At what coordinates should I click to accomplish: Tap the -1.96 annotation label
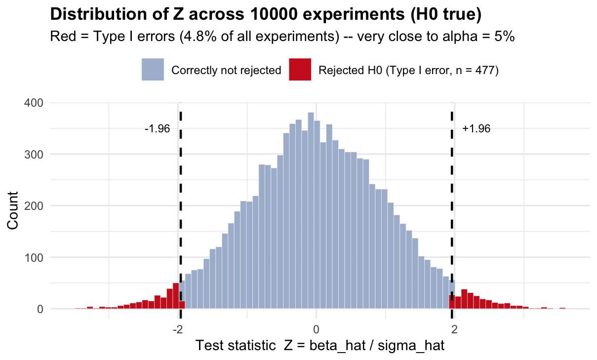[157, 129]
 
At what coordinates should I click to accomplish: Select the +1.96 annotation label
[477, 129]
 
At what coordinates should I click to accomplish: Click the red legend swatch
[301, 70]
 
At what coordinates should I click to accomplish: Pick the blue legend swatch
[153, 70]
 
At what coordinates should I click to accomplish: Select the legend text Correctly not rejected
[226, 70]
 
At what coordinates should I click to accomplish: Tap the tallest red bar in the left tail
[175, 296]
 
